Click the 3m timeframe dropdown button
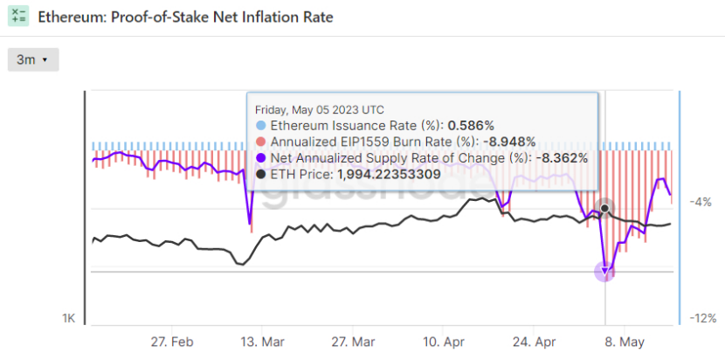[32, 59]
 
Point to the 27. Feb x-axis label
[171, 341]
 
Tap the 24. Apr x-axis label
[535, 341]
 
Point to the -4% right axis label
[701, 202]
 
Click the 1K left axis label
[68, 319]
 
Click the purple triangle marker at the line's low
[605, 272]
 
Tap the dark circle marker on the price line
[604, 208]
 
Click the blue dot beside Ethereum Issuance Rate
[260, 126]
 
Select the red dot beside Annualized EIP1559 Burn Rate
[260, 142]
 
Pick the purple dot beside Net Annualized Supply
[260, 158]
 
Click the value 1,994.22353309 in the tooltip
[389, 174]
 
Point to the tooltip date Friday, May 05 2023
[319, 110]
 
